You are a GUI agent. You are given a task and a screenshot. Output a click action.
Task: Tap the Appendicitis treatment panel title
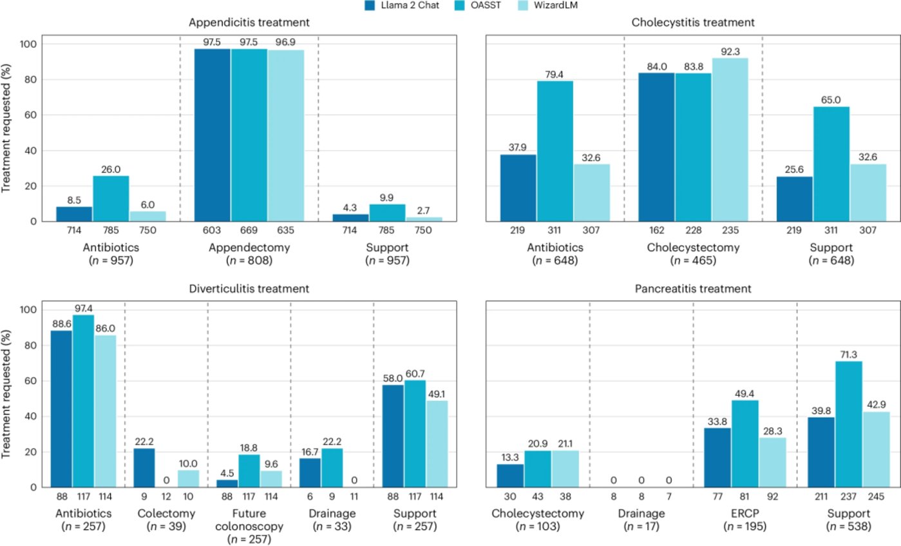click(x=249, y=23)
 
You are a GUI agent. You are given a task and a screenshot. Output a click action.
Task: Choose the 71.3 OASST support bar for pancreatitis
click(x=844, y=424)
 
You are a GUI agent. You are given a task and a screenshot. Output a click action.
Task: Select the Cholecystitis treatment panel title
click(x=693, y=23)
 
